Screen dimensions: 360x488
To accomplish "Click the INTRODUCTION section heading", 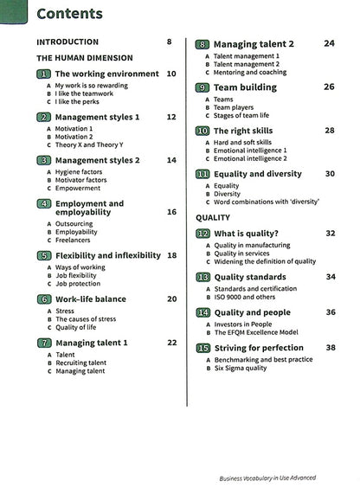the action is [67, 42].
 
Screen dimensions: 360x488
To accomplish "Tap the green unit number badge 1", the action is [43, 74].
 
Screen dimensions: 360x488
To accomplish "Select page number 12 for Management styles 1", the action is [171, 117].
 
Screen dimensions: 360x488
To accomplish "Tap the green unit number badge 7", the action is [43, 343].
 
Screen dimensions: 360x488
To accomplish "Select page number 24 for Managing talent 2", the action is [329, 43].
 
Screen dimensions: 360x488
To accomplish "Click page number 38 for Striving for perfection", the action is [331, 348].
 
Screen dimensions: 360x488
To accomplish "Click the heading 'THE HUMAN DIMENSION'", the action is [83, 57].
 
